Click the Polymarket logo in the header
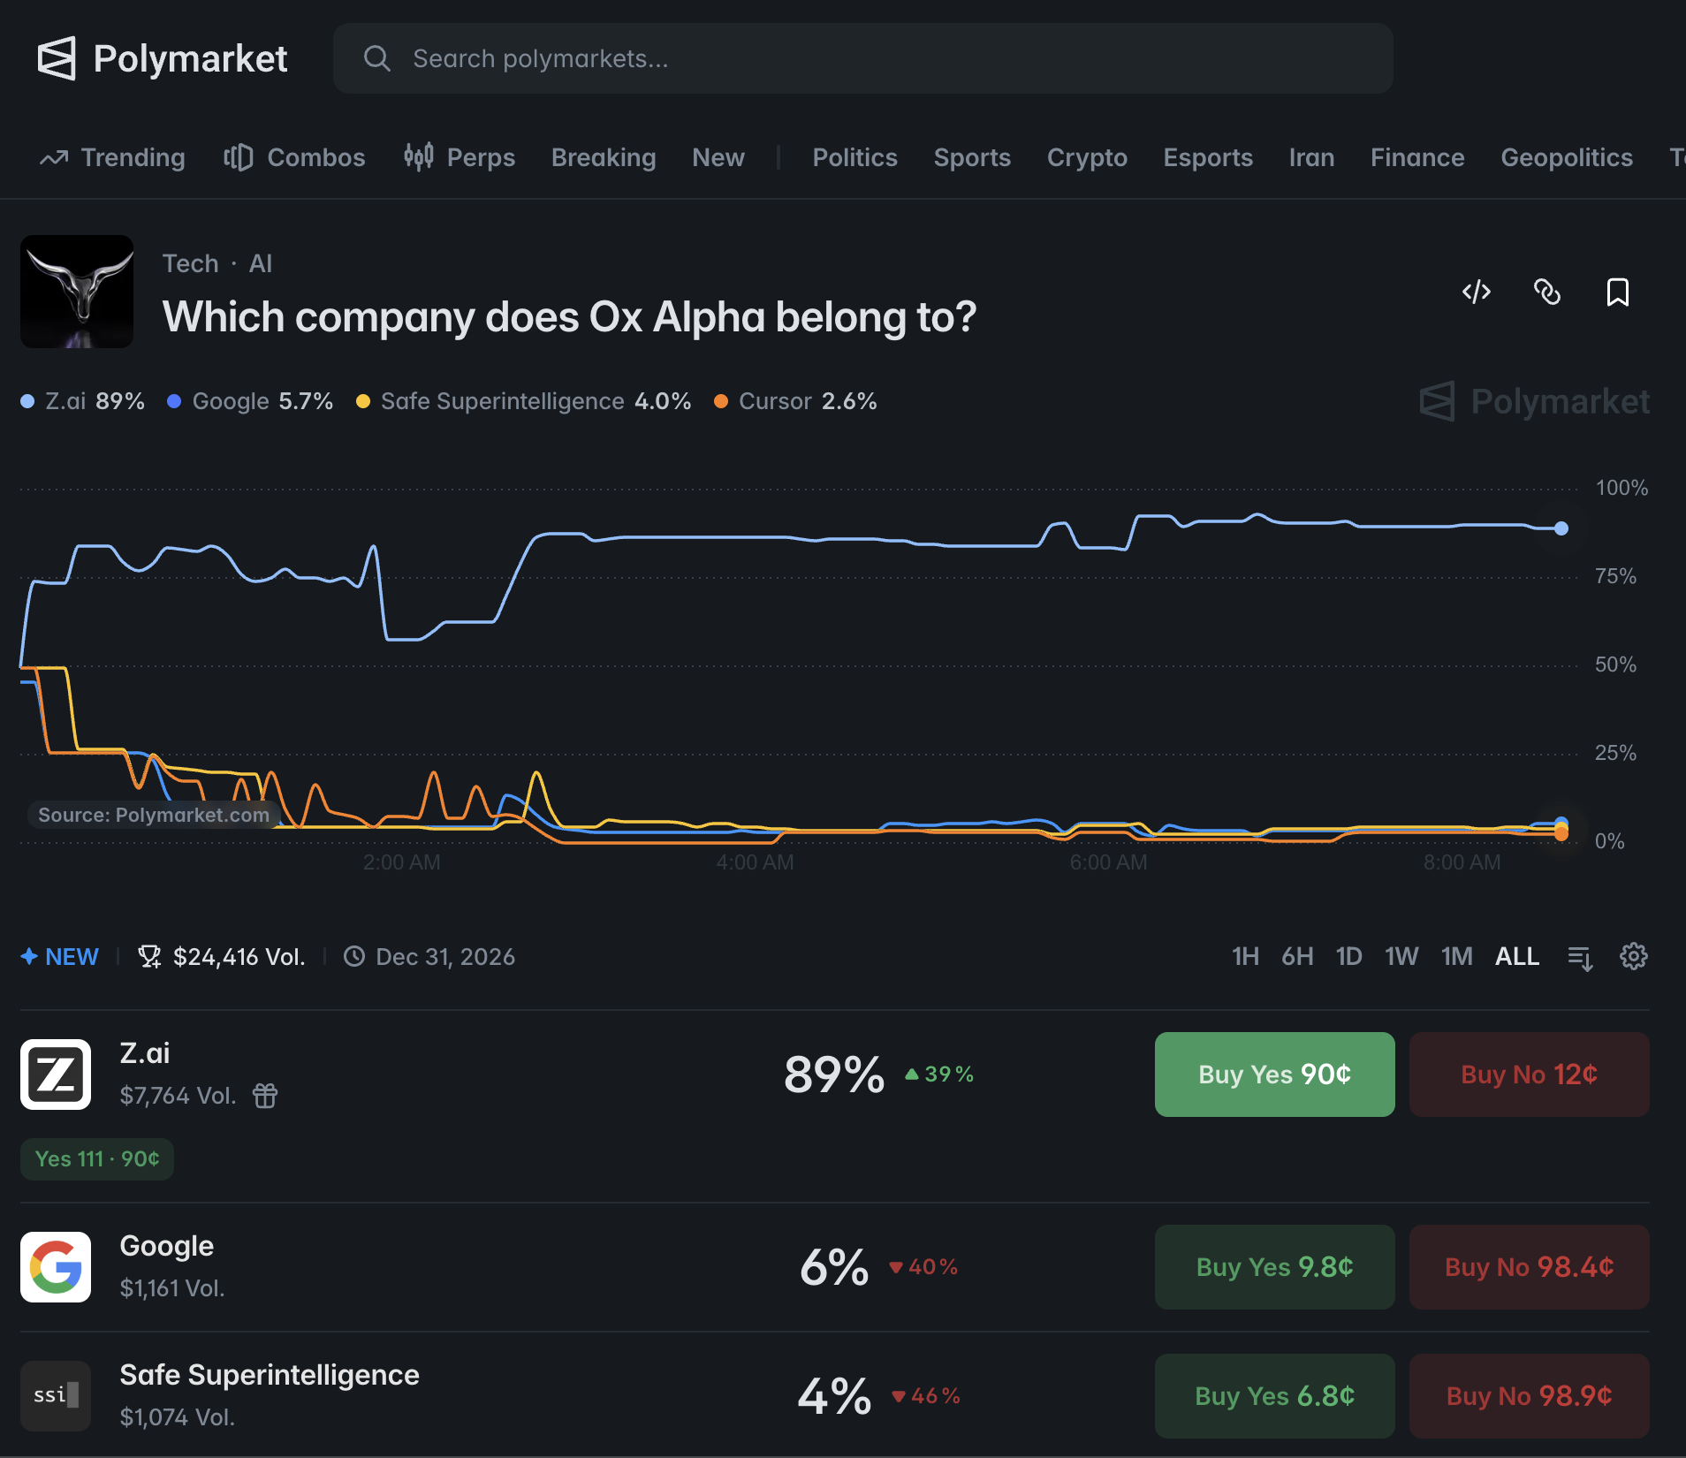coord(163,58)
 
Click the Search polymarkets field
coord(862,58)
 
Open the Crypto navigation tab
coord(1087,157)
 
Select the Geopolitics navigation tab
coord(1567,157)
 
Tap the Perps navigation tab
coord(459,157)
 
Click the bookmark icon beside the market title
coord(1617,292)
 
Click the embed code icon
coord(1477,292)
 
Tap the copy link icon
coord(1547,292)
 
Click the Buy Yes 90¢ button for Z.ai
coord(1274,1075)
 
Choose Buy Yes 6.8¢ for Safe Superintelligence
coord(1274,1396)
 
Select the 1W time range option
coord(1401,956)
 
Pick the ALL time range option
coord(1517,956)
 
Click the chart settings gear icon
coord(1633,956)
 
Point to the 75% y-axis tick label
coord(1615,576)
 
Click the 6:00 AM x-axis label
coord(1108,862)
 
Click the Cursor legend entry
coord(795,401)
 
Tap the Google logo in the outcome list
coord(56,1267)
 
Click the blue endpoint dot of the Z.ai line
coord(1561,528)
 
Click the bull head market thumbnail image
coord(77,292)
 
